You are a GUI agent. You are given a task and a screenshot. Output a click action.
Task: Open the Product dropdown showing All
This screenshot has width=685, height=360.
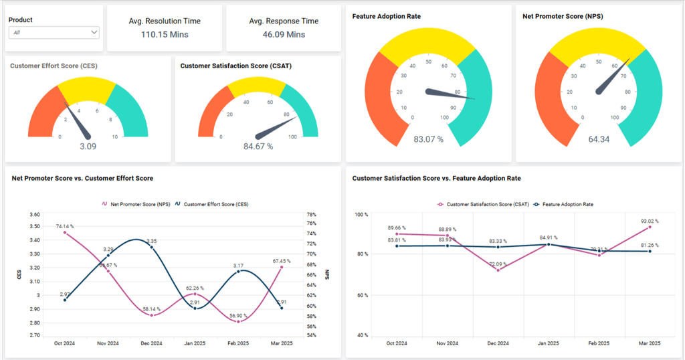(x=54, y=32)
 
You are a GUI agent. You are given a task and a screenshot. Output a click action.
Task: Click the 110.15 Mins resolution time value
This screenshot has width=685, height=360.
(x=165, y=35)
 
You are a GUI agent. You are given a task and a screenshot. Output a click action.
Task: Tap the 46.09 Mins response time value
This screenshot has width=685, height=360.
(x=284, y=35)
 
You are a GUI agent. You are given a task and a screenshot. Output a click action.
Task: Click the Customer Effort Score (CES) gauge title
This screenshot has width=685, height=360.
(x=54, y=66)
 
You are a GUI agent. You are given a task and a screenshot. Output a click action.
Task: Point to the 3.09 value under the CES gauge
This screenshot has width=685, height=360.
(x=88, y=147)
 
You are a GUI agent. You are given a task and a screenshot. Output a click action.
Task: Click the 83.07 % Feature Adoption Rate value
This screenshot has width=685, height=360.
(x=428, y=140)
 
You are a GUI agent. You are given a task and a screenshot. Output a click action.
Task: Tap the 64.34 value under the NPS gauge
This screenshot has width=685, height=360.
(x=599, y=140)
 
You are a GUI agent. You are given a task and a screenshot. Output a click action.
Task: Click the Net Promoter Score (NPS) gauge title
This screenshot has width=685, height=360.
(x=563, y=16)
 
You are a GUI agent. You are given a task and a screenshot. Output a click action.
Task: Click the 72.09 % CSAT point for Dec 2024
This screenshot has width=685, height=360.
(x=498, y=270)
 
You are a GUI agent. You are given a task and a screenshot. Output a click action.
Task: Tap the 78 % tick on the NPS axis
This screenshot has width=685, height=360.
(x=311, y=215)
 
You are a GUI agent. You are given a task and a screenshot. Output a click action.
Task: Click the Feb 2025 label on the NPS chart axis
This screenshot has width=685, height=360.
(x=238, y=343)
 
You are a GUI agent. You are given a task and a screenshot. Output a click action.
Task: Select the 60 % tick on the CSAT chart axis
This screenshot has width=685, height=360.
(x=361, y=295)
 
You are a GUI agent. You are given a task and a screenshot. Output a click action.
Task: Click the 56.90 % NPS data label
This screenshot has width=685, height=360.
(x=238, y=315)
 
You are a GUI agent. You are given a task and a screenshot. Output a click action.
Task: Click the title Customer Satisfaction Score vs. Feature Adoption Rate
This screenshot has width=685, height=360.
(x=436, y=179)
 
